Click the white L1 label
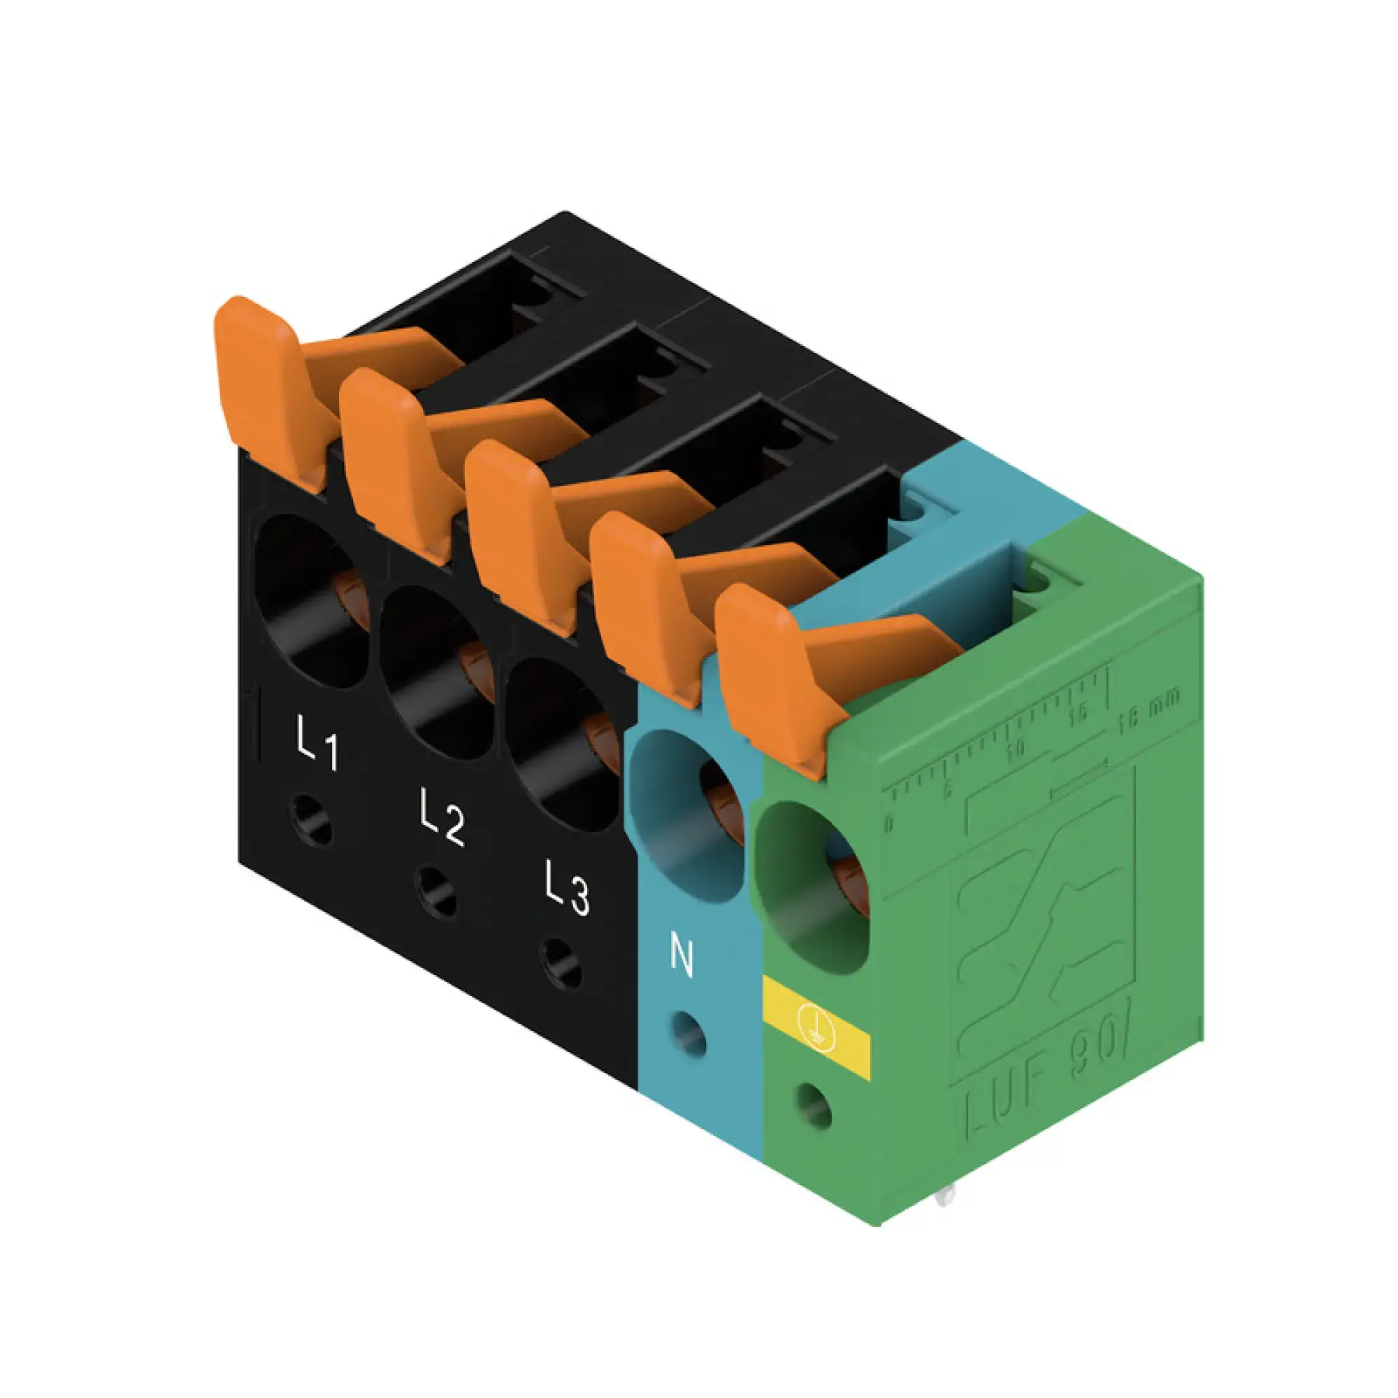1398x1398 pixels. [317, 742]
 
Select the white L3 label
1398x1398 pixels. [567, 887]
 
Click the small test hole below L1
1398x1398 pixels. [311, 820]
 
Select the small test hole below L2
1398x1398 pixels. [436, 891]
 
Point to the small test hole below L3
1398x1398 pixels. [561, 963]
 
